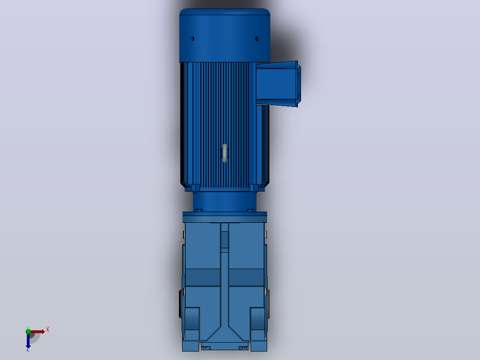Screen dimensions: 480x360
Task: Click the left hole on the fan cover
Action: pyautogui.click(x=192, y=39)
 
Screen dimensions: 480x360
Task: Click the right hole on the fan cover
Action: pyautogui.click(x=257, y=39)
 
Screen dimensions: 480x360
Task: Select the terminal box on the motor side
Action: pyautogui.click(x=278, y=84)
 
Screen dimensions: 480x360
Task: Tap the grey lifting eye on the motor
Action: pyautogui.click(x=225, y=153)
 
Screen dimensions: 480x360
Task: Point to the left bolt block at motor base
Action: pyautogui.click(x=195, y=188)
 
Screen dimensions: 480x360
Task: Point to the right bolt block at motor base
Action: pyautogui.click(x=254, y=188)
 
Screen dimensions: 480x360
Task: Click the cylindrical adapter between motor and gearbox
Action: pyautogui.click(x=225, y=201)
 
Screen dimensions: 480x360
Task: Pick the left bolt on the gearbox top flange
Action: pyautogui.click(x=198, y=210)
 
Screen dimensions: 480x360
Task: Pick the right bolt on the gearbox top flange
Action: pyautogui.click(x=251, y=210)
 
